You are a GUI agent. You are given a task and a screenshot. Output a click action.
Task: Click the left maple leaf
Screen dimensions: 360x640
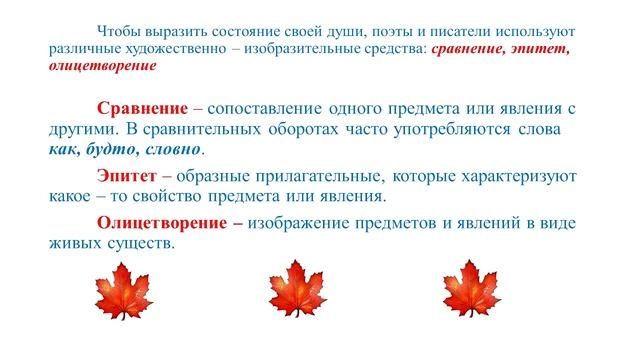(x=126, y=290)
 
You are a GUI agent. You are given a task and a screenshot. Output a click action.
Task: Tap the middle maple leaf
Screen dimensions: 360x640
(x=295, y=290)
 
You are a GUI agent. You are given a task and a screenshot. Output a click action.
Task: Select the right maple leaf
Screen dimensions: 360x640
(x=466, y=290)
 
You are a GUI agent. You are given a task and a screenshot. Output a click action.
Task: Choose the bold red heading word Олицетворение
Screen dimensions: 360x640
(x=160, y=223)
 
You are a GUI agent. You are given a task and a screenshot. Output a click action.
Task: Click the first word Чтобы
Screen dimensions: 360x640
(x=119, y=30)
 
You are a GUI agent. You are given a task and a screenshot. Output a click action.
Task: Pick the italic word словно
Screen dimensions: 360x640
(x=171, y=150)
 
